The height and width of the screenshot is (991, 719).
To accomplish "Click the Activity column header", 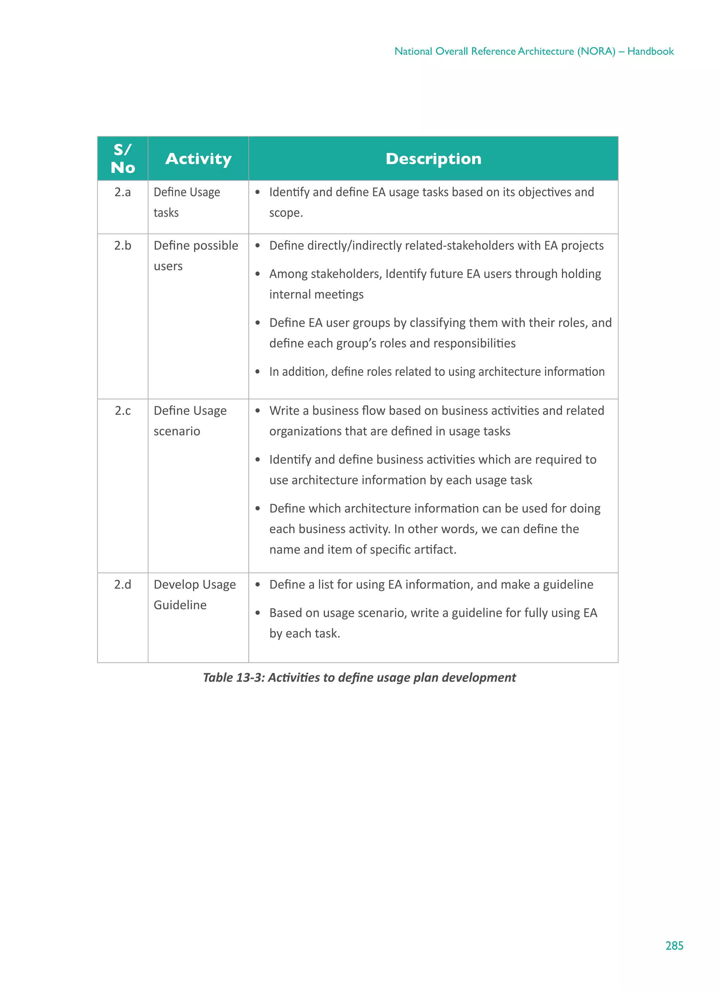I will tap(198, 159).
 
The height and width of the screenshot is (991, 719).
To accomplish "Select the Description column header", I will tap(433, 159).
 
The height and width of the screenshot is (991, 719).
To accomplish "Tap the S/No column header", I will tap(123, 159).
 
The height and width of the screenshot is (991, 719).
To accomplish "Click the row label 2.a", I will tap(123, 192).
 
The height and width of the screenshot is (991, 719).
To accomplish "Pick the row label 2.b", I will tap(123, 246).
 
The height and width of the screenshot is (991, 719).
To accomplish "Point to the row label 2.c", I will tap(123, 411).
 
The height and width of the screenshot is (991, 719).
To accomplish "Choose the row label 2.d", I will tap(123, 584).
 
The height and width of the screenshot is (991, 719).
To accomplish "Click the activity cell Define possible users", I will tap(196, 256).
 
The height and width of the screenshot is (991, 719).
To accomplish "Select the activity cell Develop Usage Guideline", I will tap(194, 595).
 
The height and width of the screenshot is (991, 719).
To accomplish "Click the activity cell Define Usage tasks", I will tap(187, 202).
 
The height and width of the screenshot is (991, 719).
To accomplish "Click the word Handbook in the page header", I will tap(651, 52).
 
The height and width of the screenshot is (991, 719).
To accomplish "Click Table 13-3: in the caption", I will tap(234, 678).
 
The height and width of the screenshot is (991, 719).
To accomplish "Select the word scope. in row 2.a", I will tap(286, 213).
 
